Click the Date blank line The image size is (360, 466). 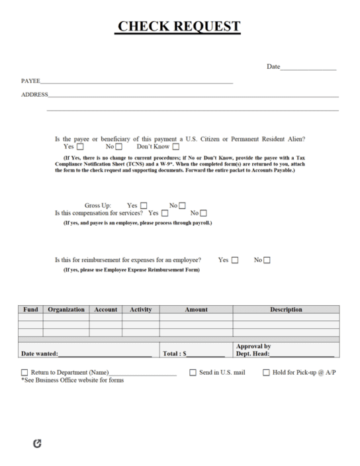[x=308, y=68]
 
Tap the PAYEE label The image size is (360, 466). [x=30, y=81]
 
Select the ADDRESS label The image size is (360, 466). [x=34, y=95]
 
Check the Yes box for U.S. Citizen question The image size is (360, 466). [x=80, y=147]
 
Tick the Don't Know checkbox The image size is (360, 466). [x=175, y=147]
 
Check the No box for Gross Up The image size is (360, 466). [x=182, y=205]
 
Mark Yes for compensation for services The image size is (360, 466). [x=165, y=213]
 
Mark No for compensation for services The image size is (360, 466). [x=203, y=213]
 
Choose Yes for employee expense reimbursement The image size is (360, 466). [x=235, y=260]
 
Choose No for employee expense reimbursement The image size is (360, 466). [x=267, y=260]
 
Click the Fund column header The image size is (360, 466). [x=30, y=309]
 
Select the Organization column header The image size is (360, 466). [x=66, y=309]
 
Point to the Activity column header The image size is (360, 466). [x=140, y=309]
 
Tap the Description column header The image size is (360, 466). [x=286, y=309]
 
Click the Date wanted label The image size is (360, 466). [x=40, y=354]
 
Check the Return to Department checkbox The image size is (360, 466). [x=25, y=373]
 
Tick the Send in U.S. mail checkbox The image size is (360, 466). [x=193, y=373]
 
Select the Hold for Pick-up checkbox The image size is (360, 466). [x=267, y=373]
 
